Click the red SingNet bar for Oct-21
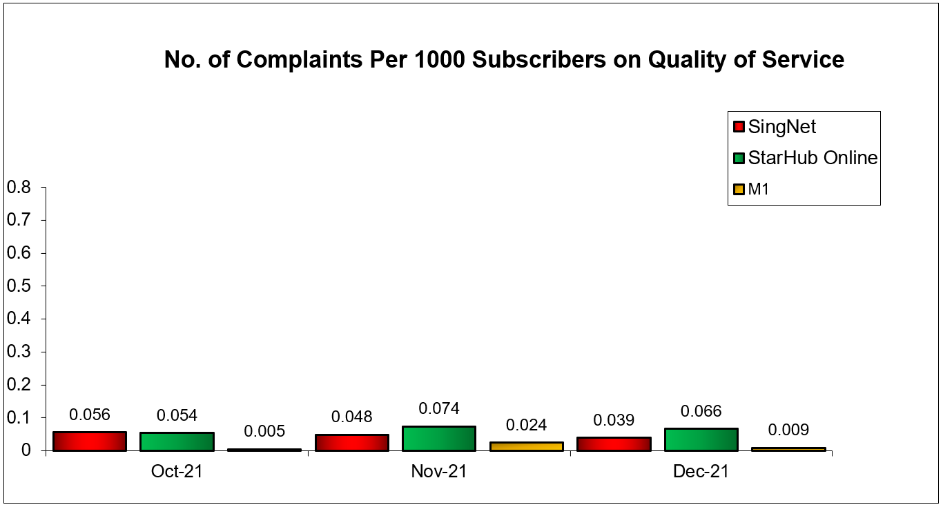pos(90,441)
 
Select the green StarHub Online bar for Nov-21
pos(438,439)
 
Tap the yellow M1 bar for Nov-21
pos(526,446)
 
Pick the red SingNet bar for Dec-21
pos(614,444)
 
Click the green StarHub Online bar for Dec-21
pos(701,439)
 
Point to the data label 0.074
pos(439,408)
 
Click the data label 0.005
pos(264,432)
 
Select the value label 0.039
pos(614,420)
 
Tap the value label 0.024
pos(526,425)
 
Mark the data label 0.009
pos(788,430)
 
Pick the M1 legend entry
pos(759,189)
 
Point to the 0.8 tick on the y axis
pos(19,187)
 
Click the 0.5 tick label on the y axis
pos(19,286)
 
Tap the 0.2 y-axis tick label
pos(19,385)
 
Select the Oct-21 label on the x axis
pos(177,472)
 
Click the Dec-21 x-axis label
pos(701,472)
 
